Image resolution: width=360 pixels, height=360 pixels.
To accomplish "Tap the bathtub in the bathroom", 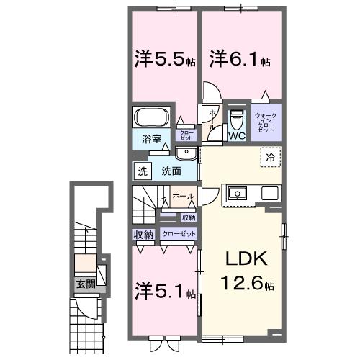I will [152, 117].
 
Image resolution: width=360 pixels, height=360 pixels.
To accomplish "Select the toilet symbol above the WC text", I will [236, 117].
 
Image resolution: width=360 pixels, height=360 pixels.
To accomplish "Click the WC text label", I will [236, 135].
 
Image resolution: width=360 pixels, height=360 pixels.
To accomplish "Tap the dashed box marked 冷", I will [269, 156].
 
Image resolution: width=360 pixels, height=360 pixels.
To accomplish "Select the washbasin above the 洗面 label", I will [185, 153].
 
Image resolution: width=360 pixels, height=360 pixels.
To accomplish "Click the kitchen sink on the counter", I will [237, 193].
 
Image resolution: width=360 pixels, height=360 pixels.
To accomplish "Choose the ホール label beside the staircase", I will [182, 195].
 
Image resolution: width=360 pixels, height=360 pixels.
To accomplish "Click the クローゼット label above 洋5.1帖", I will [178, 234].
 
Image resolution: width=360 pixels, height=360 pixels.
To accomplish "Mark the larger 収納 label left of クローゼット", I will [143, 234].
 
